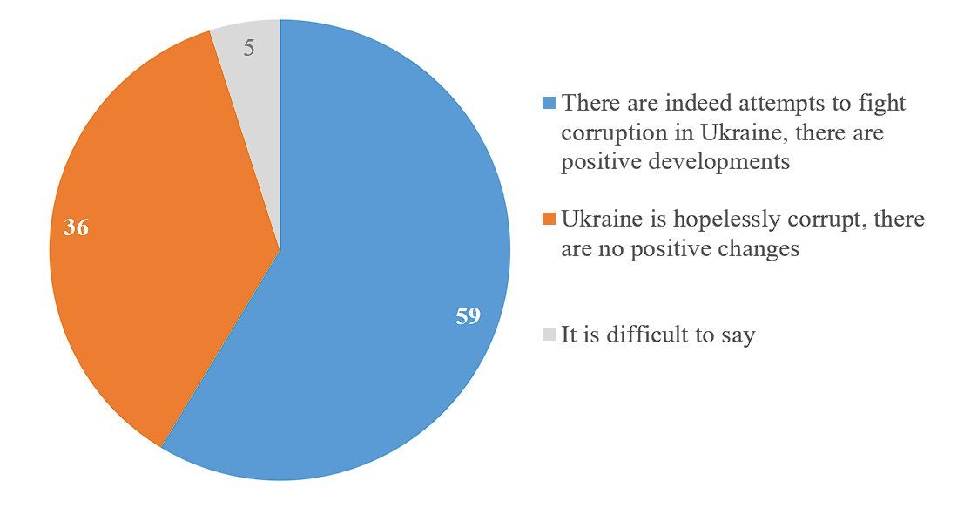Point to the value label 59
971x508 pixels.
click(x=468, y=315)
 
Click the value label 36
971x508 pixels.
click(x=77, y=228)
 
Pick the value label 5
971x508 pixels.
click(x=249, y=49)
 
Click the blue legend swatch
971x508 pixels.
click(x=549, y=104)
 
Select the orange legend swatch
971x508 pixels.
click(x=549, y=219)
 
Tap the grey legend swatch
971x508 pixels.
click(x=549, y=334)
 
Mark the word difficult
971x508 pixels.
click(x=646, y=335)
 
